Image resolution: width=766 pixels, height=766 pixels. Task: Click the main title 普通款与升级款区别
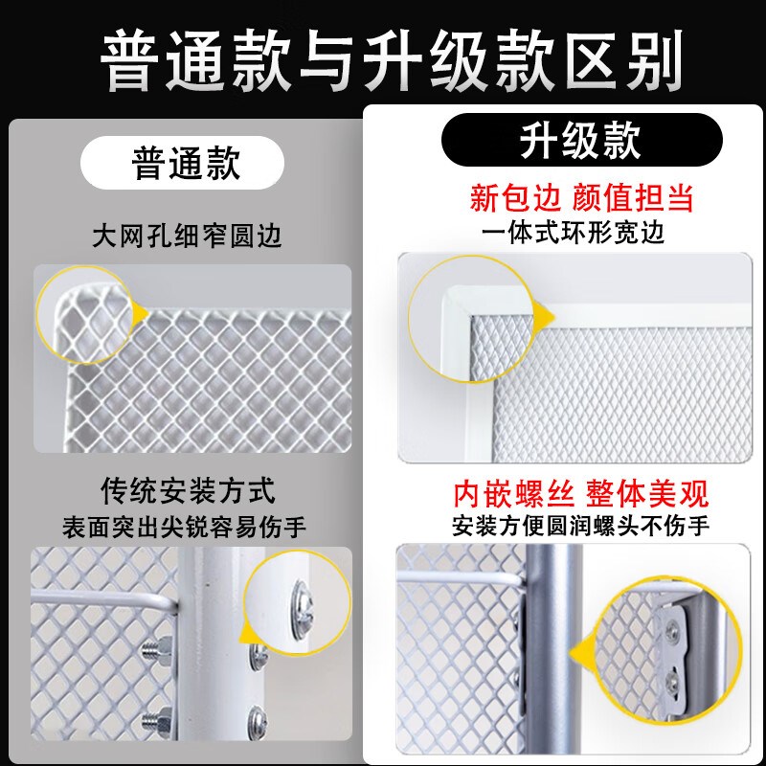[391, 60]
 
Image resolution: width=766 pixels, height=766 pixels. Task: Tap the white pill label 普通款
[182, 163]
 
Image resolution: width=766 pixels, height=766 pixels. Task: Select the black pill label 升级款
[581, 140]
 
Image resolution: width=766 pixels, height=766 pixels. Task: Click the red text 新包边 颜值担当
[581, 198]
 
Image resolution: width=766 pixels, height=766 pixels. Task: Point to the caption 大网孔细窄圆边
[187, 236]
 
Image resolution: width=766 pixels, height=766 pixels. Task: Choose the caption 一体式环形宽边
[573, 233]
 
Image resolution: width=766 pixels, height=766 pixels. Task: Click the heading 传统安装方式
[189, 490]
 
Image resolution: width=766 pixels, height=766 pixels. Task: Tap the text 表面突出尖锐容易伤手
[184, 528]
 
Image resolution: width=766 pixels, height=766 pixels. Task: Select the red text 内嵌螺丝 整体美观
[581, 494]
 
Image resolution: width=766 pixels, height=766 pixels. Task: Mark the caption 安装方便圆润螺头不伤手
[580, 526]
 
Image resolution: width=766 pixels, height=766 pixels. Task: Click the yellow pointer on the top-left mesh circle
[141, 313]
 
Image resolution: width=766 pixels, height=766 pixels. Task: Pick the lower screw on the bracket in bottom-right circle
[675, 677]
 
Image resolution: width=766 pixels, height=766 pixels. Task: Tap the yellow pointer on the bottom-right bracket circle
[579, 652]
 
